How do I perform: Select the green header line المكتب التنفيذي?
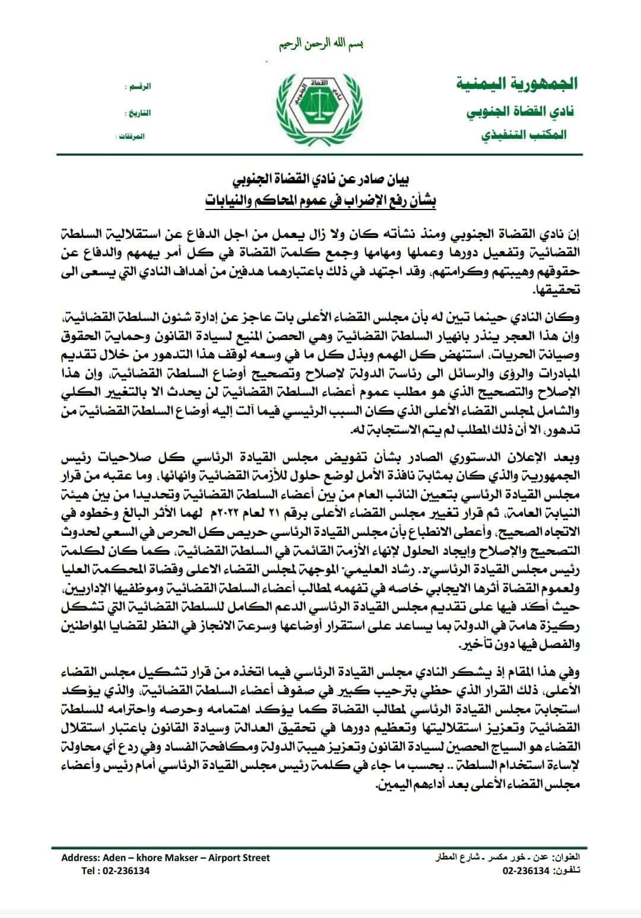(523, 135)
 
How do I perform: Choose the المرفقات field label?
(132, 136)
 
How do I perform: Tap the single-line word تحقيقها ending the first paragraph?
(556, 290)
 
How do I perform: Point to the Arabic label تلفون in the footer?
(565, 871)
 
